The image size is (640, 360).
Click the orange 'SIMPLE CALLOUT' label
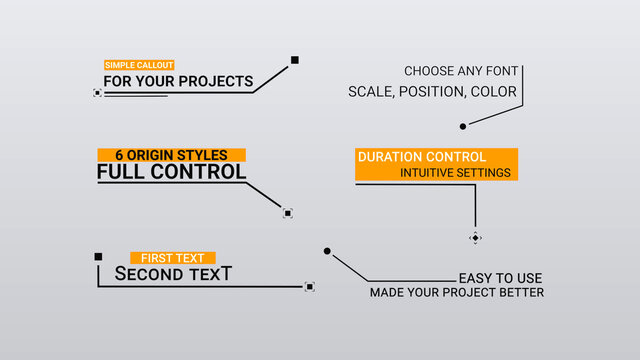point(132,65)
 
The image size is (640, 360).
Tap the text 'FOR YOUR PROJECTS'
point(178,81)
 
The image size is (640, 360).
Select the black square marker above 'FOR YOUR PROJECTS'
point(295,60)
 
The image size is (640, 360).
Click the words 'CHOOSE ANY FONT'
point(460,71)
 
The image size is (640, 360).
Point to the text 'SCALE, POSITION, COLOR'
point(432,92)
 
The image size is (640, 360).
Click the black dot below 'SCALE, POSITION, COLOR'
point(462,126)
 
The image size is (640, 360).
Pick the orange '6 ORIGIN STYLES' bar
point(171,155)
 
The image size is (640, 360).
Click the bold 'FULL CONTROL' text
point(171,172)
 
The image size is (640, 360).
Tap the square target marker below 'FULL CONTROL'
point(287,213)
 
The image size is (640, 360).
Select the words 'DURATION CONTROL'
point(422,157)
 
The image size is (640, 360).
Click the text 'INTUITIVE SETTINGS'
point(455,173)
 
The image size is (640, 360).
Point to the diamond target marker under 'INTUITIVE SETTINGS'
point(475,238)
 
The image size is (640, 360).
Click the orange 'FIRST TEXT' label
point(173,258)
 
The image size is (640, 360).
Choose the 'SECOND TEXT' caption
point(173,273)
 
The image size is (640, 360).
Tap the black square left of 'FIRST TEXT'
point(98,257)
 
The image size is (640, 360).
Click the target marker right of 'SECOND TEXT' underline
point(309,287)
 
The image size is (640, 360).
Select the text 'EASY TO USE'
point(500,278)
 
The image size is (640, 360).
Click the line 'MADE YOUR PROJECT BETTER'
point(457,293)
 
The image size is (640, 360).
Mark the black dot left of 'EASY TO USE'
point(327,251)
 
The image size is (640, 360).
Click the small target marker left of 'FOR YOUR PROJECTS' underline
point(97,92)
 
